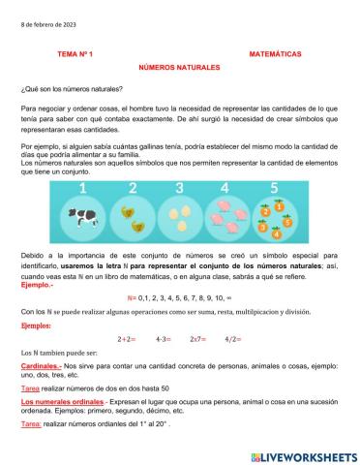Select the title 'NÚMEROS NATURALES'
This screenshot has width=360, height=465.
click(x=179, y=69)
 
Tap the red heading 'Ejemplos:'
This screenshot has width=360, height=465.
click(x=37, y=326)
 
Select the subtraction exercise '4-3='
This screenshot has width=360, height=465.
click(x=163, y=340)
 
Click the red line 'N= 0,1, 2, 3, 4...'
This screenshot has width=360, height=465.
click(x=178, y=297)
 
